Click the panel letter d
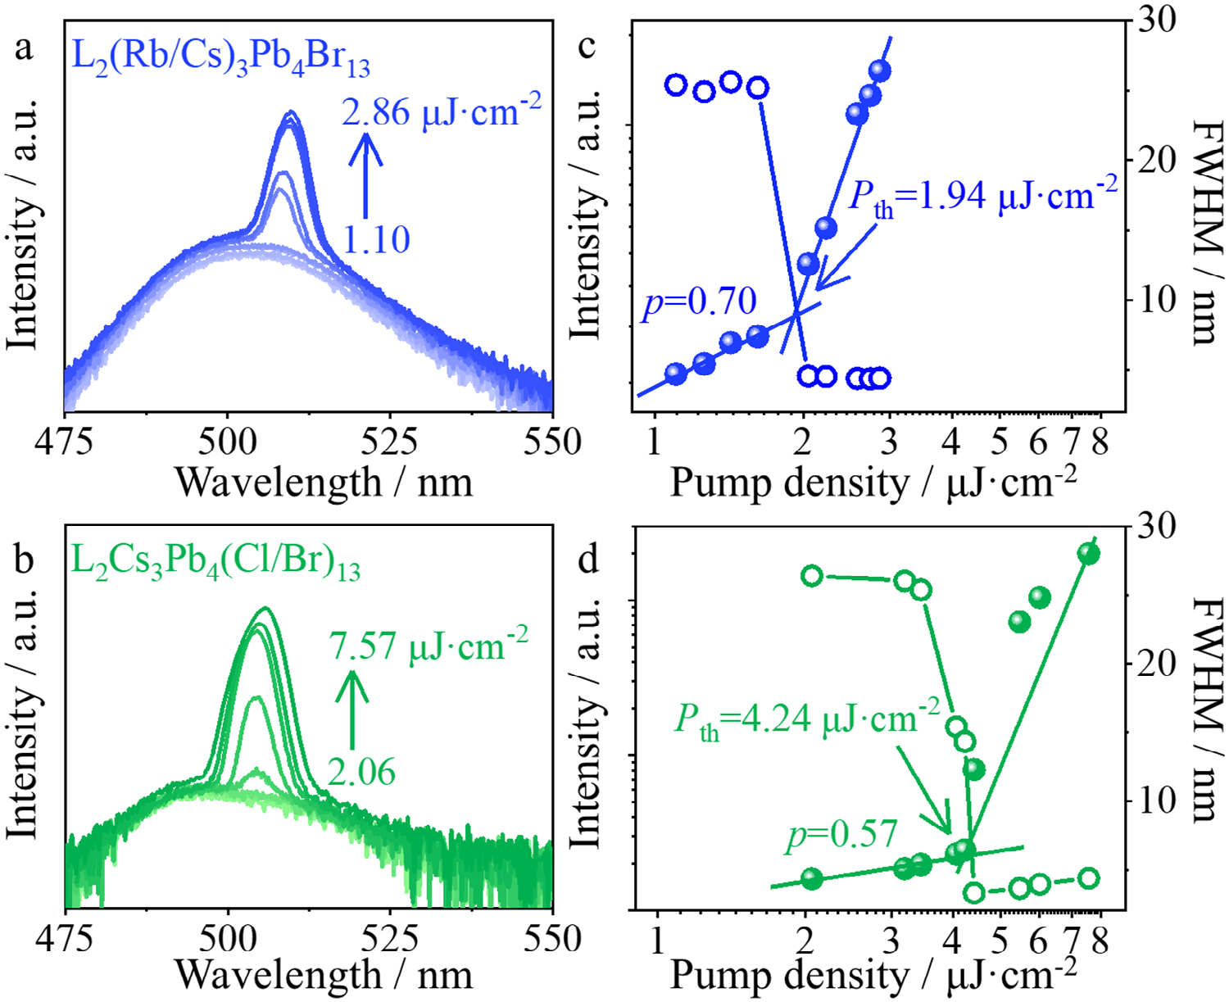588,560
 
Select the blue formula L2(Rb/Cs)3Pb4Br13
221,57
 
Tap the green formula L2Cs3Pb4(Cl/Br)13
215,562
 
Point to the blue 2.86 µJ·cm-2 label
442,111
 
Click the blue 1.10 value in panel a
376,239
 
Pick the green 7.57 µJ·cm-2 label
429,646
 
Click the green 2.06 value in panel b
361,772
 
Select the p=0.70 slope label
699,302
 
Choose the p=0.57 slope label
842,835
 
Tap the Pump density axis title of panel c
873,483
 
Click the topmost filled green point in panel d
1088,554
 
